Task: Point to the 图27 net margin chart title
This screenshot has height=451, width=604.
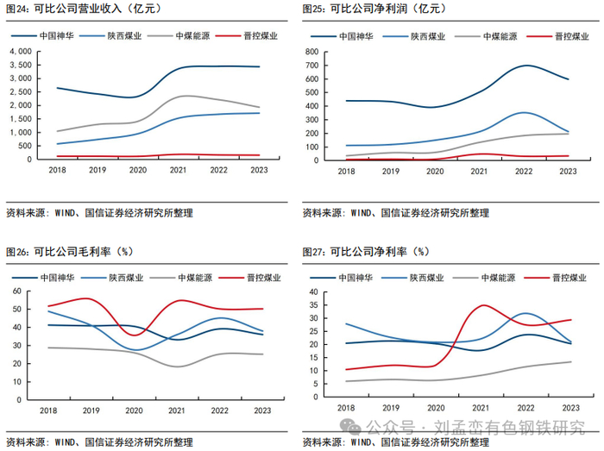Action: click(x=366, y=252)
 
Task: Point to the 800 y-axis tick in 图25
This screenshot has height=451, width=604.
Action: click(x=318, y=52)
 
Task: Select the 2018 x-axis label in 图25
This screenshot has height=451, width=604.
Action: click(x=346, y=171)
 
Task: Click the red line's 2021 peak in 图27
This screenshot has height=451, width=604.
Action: click(x=483, y=304)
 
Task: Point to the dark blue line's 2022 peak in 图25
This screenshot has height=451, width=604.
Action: click(x=525, y=66)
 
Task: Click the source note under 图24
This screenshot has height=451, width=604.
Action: click(x=99, y=212)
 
